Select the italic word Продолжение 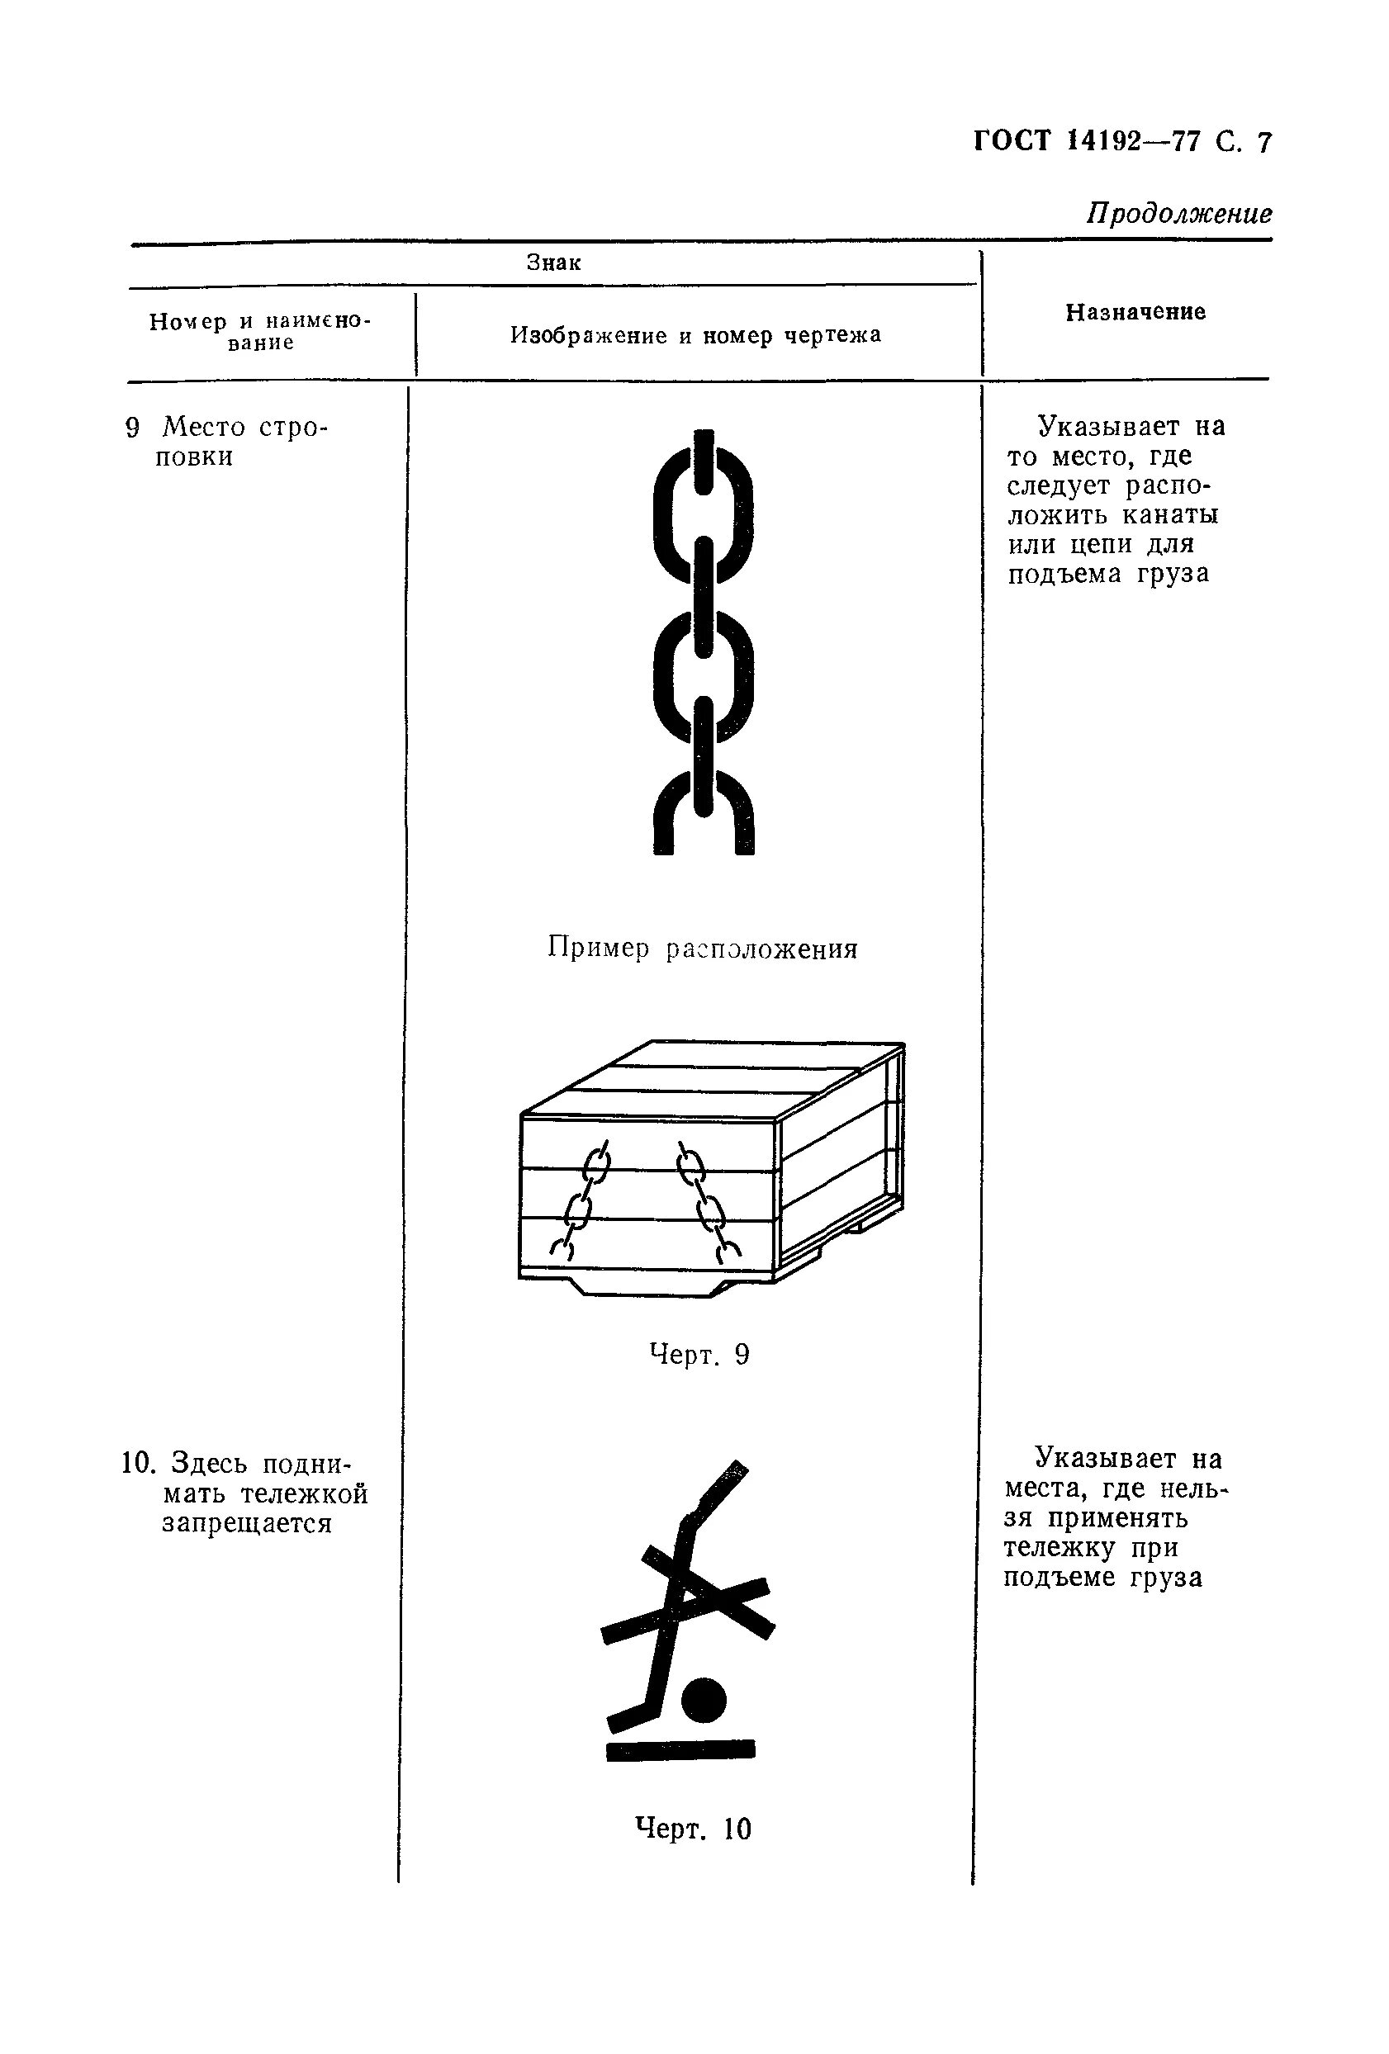(x=1178, y=213)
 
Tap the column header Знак (x=553, y=263)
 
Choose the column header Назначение (x=1135, y=312)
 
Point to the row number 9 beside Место (x=133, y=428)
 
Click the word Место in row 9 (x=203, y=428)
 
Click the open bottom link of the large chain (x=703, y=813)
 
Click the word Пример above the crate (x=598, y=949)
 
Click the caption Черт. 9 (x=699, y=1354)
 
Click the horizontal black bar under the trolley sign (x=680, y=1750)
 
